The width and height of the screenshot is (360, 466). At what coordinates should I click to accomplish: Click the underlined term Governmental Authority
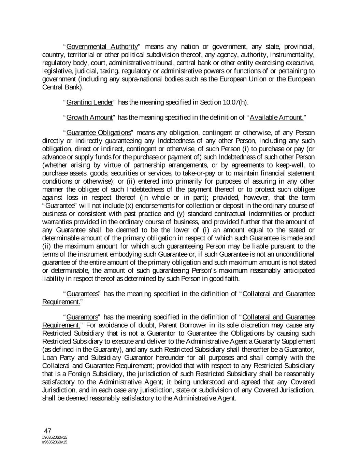point(102,46)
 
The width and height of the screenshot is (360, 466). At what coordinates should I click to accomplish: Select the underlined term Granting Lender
point(89,102)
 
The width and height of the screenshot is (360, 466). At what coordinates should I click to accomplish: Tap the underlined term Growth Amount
point(89,118)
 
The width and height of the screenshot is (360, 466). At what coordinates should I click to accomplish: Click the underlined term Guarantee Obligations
point(99,132)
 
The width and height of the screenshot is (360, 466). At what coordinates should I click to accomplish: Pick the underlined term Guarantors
point(82,317)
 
